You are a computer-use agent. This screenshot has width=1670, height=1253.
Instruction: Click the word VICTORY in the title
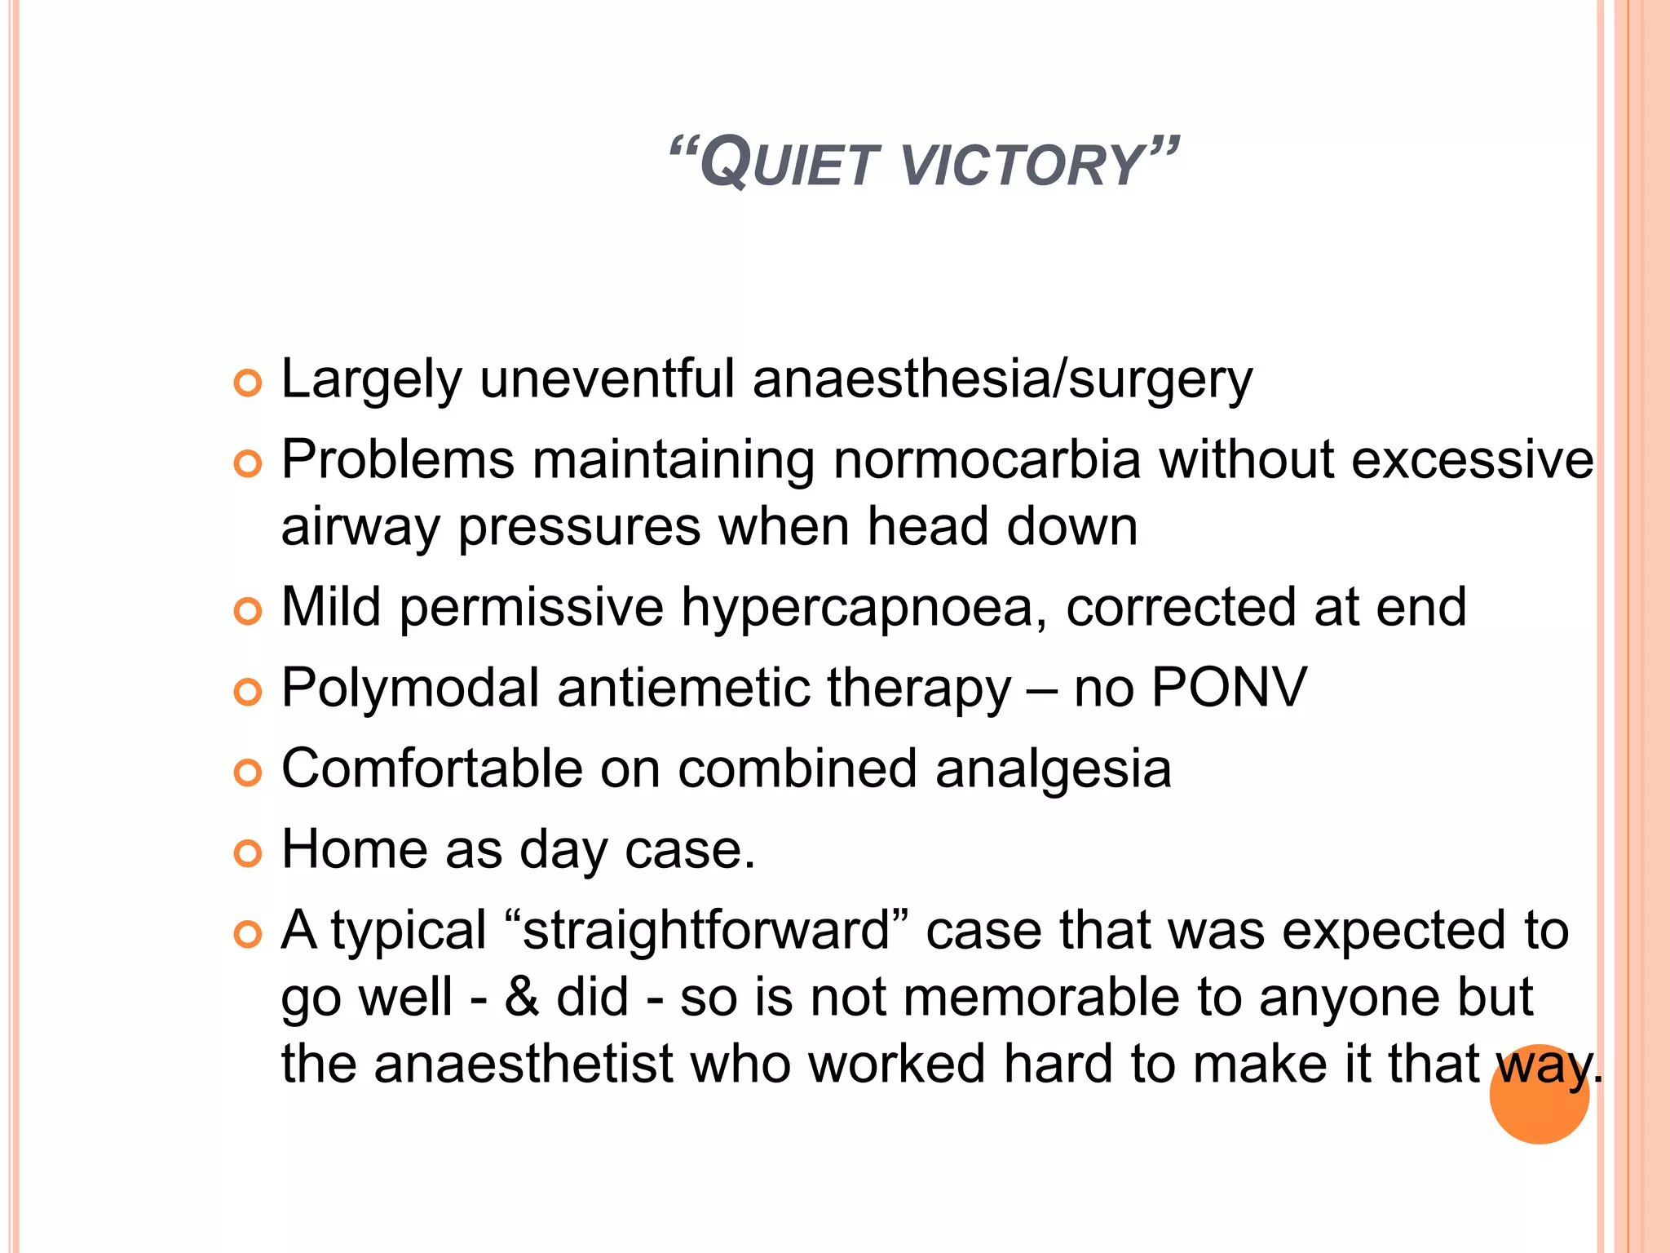coord(1023,166)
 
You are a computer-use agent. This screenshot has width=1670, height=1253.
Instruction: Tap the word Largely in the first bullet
coord(371,381)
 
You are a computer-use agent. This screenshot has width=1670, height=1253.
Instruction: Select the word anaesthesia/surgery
coord(1002,381)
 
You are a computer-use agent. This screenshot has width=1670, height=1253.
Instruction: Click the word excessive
coord(1472,459)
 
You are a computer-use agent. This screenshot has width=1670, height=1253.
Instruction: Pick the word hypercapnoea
coord(864,608)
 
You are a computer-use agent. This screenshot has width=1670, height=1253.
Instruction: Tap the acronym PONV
coord(1229,688)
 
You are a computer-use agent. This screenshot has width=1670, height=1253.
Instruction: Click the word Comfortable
coord(432,768)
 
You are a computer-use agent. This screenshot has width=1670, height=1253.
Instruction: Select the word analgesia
coord(1053,770)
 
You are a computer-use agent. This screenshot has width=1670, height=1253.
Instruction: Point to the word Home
coord(354,849)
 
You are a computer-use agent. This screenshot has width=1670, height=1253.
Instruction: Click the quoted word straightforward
coord(706,931)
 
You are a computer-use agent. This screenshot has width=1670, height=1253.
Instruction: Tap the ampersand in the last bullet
coord(522,998)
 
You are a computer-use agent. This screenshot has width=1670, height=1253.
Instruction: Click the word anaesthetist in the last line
coord(524,1065)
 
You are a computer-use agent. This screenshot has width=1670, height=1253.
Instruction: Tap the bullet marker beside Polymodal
coord(247,692)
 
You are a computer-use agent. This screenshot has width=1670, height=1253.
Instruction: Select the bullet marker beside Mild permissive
coord(247,611)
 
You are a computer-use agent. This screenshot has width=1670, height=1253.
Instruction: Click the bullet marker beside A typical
coord(247,935)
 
